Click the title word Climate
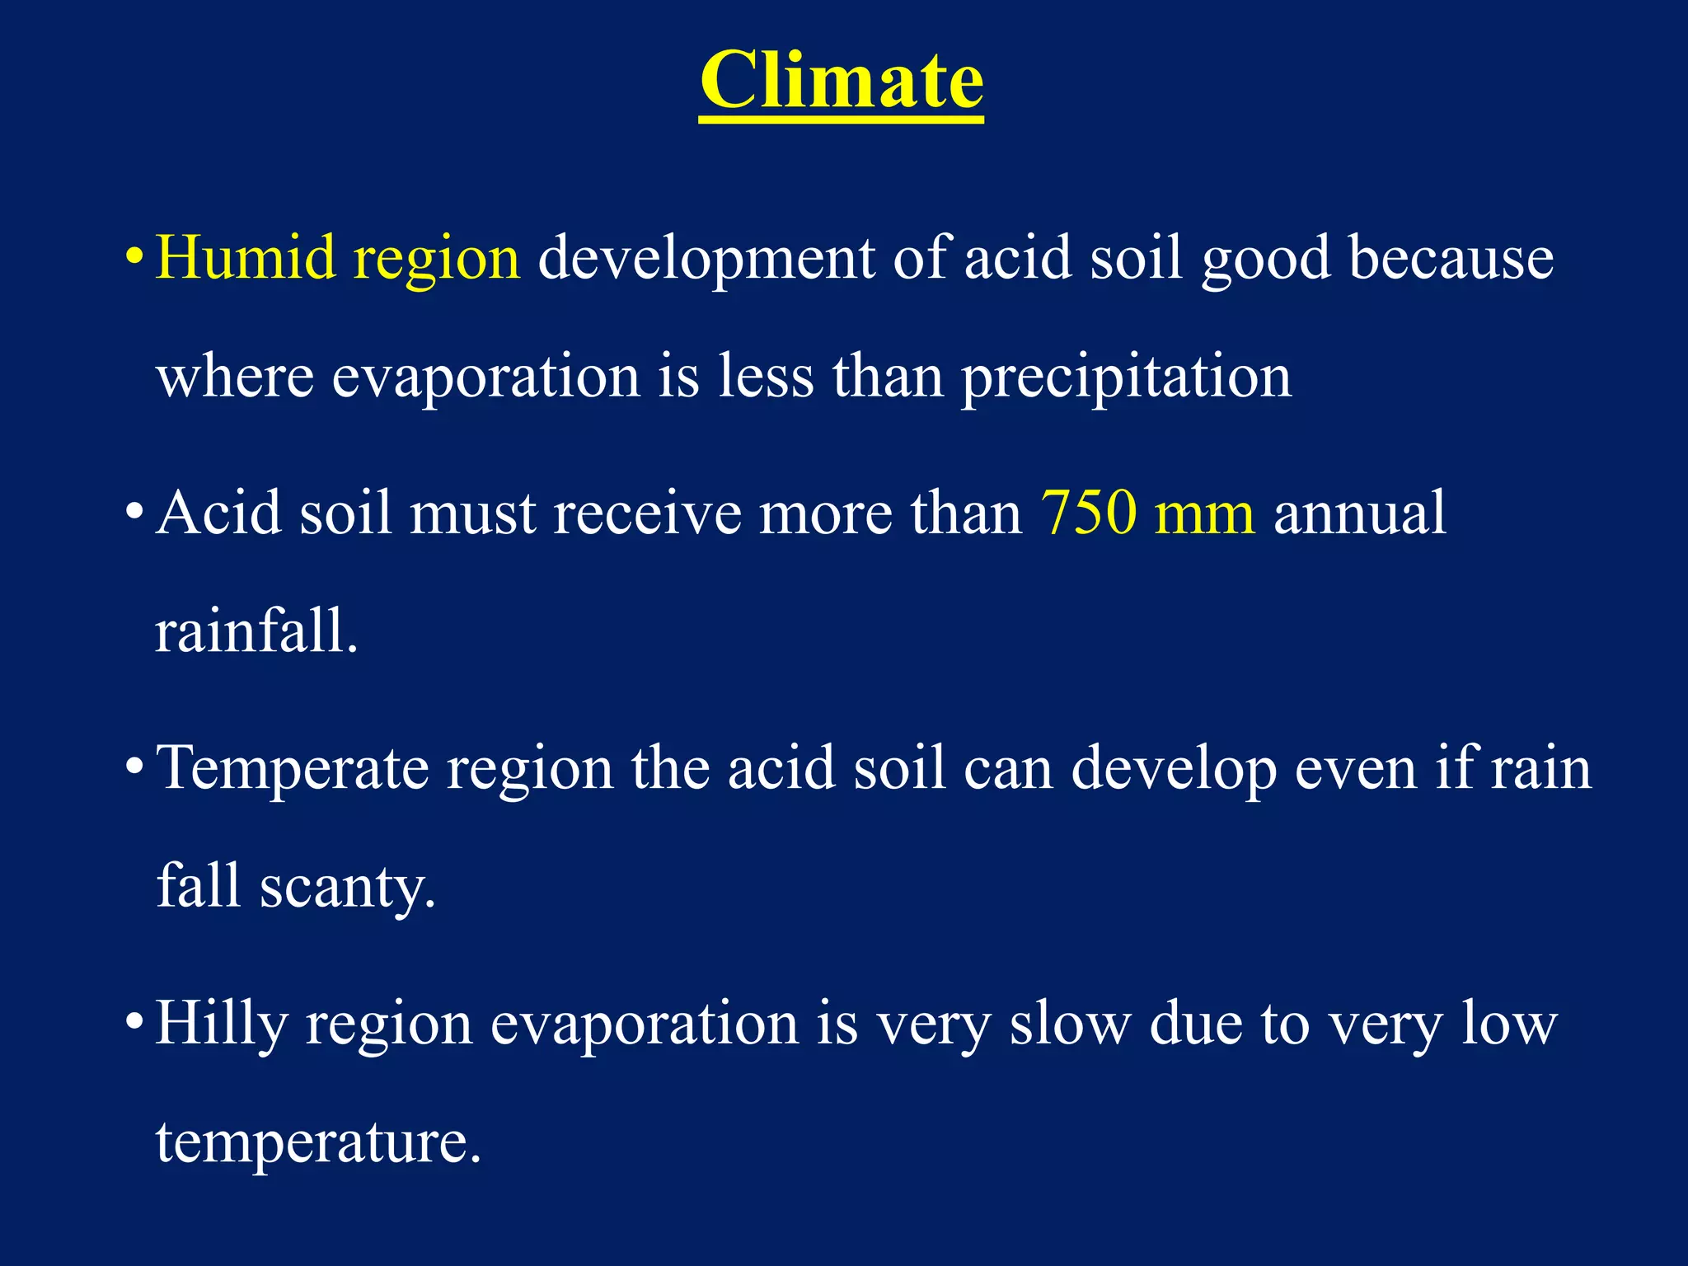coord(841,80)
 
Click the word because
coord(1451,258)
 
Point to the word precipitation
coord(1126,377)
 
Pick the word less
coord(766,376)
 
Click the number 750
coord(1088,513)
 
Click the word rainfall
coord(256,631)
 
